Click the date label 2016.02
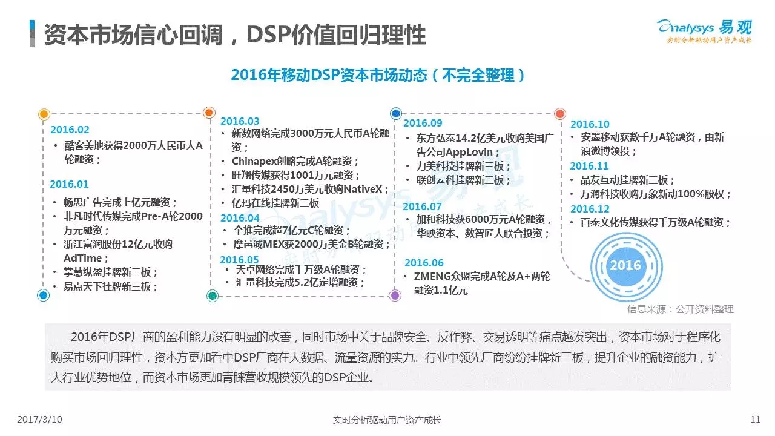click(70, 130)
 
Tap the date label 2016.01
click(69, 184)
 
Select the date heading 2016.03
click(240, 121)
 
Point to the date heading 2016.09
click(423, 123)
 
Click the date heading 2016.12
click(590, 209)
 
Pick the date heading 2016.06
click(424, 263)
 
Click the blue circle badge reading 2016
click(626, 266)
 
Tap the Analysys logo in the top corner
click(704, 31)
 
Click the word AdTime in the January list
click(83, 258)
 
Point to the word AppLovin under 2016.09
click(469, 152)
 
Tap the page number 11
click(755, 420)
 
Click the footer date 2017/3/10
click(40, 420)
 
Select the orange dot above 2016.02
click(44, 114)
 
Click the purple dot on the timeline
click(395, 296)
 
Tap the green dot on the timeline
click(213, 296)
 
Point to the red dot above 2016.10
click(560, 113)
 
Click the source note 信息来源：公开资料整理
click(681, 309)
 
